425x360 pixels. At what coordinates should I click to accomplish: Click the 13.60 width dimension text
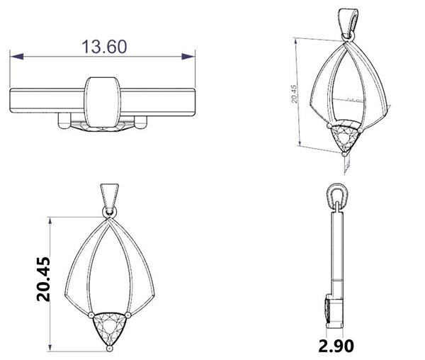[104, 47]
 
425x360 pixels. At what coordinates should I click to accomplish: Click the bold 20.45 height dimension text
[43, 279]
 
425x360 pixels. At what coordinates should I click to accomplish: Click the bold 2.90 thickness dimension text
[336, 346]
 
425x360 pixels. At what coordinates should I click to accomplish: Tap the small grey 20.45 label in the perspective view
[294, 94]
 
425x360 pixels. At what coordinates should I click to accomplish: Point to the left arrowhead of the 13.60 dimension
[16, 57]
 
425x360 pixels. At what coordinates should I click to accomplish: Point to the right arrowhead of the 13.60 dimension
[188, 57]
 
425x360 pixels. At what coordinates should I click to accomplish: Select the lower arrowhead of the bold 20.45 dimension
[50, 347]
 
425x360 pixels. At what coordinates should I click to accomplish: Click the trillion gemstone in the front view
[110, 327]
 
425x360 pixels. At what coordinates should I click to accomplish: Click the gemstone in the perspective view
[345, 137]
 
